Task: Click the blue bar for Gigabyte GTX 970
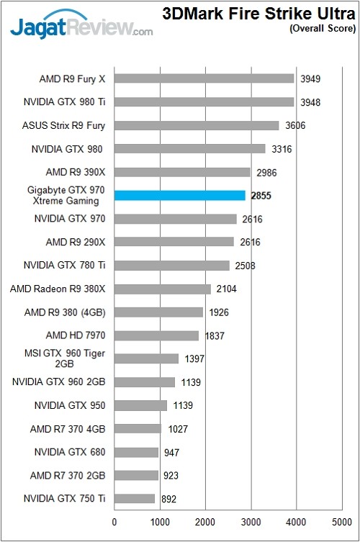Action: coord(180,195)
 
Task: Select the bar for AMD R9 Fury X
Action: coord(204,78)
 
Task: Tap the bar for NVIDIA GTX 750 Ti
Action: coord(135,498)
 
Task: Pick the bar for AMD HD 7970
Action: coord(156,335)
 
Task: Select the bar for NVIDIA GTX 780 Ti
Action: coord(171,265)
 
